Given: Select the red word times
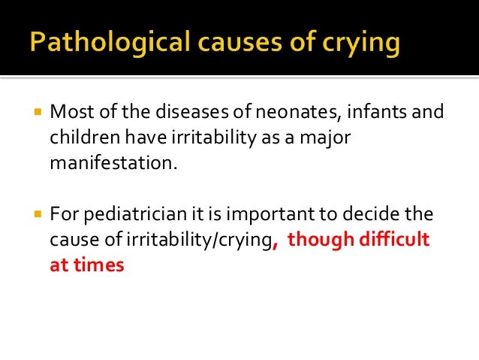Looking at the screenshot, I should (x=100, y=265).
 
